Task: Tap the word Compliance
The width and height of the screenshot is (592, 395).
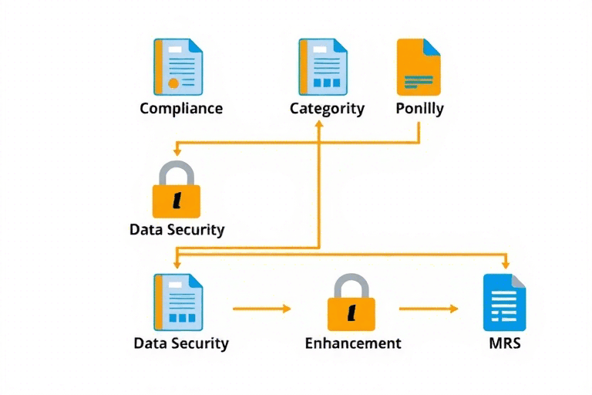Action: coord(181,108)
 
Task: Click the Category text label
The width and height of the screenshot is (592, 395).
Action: coord(327,108)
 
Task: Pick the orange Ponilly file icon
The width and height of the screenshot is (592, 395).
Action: coord(419,67)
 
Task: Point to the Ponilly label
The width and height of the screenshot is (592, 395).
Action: coord(419,108)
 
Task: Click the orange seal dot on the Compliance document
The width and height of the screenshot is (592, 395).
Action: coord(173,83)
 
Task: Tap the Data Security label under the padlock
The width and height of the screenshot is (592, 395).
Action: coord(177,229)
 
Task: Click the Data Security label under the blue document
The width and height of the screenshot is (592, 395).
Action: coord(181,343)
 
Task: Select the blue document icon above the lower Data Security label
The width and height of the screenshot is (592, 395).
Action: coord(178,302)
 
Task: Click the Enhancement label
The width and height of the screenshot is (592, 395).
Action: coord(353,343)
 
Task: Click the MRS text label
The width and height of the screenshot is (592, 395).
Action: coord(504,343)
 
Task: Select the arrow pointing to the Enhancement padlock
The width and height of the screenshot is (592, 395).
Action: coord(262,309)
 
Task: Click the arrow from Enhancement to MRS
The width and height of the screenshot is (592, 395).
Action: coord(429,309)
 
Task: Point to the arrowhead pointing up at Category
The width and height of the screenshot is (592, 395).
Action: coord(318,124)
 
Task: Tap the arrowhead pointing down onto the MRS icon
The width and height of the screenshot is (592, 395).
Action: coord(506,265)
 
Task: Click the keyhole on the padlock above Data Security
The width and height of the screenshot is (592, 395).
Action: coord(177,201)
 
